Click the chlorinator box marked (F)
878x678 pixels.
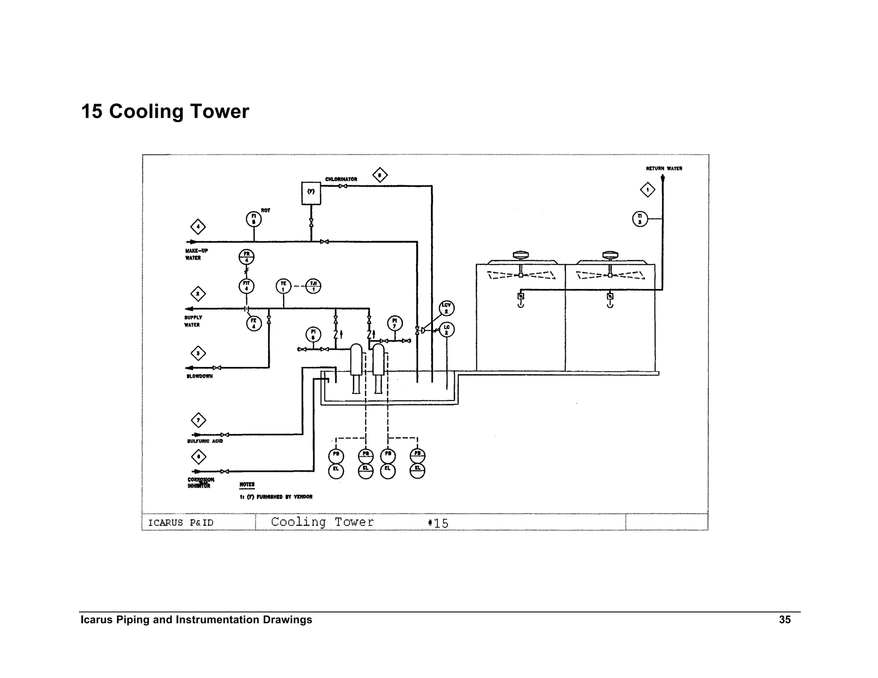point(311,193)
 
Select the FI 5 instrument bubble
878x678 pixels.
point(253,219)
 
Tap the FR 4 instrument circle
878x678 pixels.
point(247,257)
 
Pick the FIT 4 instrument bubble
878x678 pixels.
point(247,286)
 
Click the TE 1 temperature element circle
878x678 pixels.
point(283,286)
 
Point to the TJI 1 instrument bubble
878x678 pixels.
point(313,286)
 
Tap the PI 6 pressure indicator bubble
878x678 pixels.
point(313,334)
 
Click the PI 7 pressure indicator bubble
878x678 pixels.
point(394,323)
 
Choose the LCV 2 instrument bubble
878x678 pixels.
point(447,308)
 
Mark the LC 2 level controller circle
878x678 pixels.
point(447,330)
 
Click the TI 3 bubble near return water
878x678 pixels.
point(640,219)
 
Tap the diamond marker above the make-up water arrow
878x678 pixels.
point(198,227)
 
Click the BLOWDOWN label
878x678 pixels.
point(199,376)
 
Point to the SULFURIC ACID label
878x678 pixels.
point(205,441)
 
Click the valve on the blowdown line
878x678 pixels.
point(217,368)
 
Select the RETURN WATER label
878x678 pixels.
point(664,168)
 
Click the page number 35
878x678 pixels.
point(785,620)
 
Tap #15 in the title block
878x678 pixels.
point(438,523)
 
